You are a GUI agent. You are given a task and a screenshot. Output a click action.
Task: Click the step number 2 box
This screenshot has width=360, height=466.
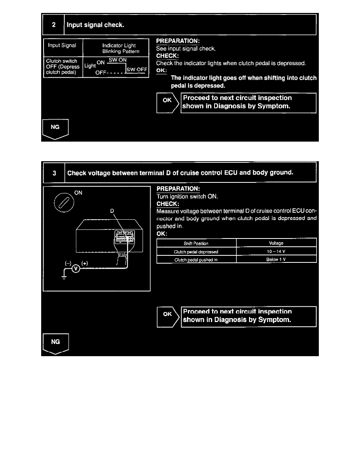[x=54, y=25]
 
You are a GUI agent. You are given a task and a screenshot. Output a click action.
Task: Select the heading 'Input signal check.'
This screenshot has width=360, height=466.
[x=96, y=25]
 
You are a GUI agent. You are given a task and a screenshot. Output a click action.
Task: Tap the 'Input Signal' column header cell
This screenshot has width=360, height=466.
[x=62, y=46]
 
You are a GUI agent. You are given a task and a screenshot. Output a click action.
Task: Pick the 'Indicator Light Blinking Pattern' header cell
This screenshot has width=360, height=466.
[x=116, y=48]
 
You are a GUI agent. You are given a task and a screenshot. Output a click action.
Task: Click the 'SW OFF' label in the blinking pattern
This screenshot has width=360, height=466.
[x=136, y=69]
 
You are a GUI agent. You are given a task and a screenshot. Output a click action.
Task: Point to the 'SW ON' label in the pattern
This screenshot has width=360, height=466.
[x=118, y=60]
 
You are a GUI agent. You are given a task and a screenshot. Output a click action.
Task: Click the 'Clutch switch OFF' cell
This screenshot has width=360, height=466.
[x=62, y=67]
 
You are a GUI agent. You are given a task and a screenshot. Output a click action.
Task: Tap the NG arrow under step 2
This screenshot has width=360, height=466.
[x=55, y=129]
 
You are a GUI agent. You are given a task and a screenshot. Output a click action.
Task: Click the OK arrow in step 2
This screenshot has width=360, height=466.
[x=167, y=103]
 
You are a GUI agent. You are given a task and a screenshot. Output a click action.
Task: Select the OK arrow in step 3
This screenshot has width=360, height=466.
[x=167, y=316]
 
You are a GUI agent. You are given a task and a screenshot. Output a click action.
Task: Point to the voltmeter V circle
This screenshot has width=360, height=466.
[x=77, y=269]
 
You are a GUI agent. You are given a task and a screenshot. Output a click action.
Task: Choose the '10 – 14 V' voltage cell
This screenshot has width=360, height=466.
[x=276, y=251]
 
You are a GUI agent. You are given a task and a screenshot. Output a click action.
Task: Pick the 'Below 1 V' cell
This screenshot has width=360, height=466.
[x=276, y=260]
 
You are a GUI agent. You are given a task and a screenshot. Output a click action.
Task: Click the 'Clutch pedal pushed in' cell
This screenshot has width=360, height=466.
[x=196, y=260]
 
